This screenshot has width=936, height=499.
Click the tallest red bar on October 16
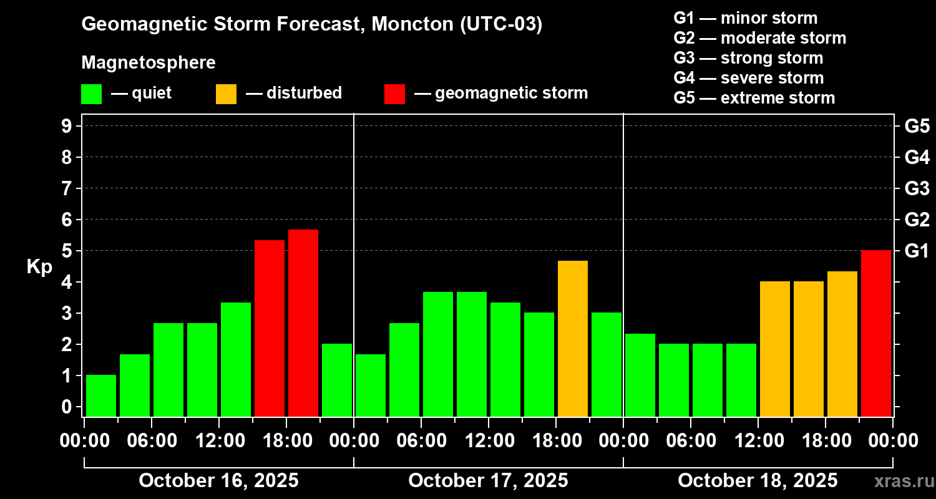click(x=303, y=322)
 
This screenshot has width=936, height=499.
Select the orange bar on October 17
click(x=573, y=338)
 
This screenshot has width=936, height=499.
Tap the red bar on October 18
click(x=876, y=333)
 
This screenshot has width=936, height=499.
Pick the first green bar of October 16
click(x=101, y=395)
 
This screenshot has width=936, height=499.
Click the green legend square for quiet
click(x=91, y=94)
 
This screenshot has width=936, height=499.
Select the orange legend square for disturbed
click(x=226, y=94)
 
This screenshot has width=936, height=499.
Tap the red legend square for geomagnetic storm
click(x=394, y=94)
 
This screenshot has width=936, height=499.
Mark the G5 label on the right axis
click(x=917, y=127)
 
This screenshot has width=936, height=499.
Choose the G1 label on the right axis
click(x=917, y=251)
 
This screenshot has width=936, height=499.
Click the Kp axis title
click(x=39, y=267)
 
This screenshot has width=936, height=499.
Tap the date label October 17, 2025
click(x=488, y=481)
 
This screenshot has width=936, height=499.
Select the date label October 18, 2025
click(x=758, y=481)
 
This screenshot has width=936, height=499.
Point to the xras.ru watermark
click(x=899, y=482)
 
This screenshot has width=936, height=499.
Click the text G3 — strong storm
click(x=748, y=58)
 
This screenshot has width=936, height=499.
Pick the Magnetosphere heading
click(x=149, y=63)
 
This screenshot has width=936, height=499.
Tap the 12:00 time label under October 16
click(x=218, y=441)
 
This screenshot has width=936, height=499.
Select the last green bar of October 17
click(x=607, y=364)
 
